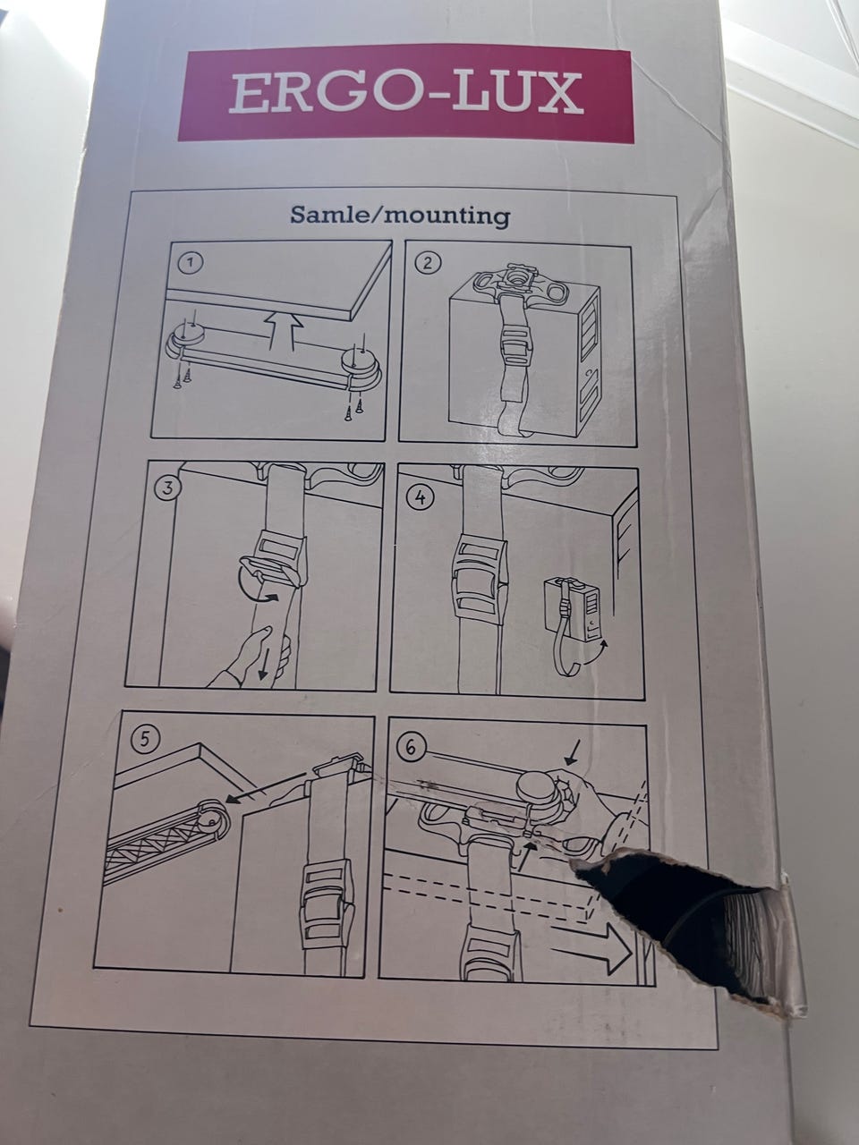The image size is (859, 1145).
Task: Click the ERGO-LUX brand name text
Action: (x=405, y=94)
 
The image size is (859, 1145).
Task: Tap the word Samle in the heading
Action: (x=329, y=215)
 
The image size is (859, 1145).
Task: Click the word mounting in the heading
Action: (x=447, y=216)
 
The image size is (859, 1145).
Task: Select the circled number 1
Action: (x=191, y=263)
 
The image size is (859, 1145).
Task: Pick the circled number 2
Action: (x=428, y=263)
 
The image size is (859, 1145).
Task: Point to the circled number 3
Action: (x=168, y=489)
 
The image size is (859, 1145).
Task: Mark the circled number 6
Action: (x=412, y=749)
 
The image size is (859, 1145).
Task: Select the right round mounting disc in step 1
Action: (x=361, y=368)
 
